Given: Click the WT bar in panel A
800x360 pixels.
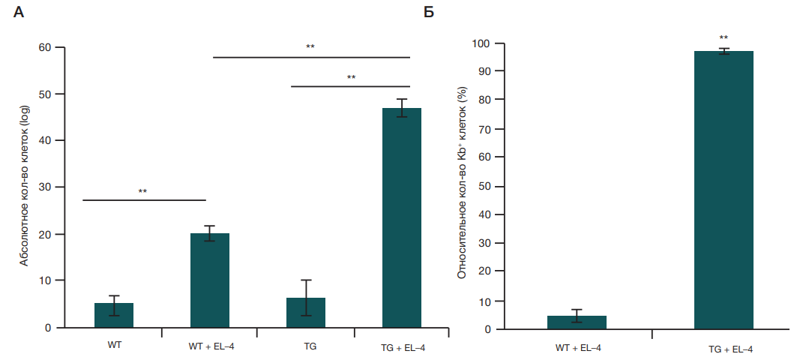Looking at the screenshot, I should (x=114, y=315).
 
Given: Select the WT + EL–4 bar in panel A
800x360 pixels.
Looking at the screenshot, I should (x=210, y=280).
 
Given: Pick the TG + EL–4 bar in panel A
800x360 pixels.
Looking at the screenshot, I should (x=402, y=217).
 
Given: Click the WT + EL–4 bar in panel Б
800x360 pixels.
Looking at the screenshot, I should (x=577, y=322).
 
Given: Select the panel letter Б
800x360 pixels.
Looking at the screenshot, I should (x=430, y=13).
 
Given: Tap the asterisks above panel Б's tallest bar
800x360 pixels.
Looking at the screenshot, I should (x=724, y=37).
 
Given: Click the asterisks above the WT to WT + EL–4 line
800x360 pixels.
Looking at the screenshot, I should (x=142, y=191).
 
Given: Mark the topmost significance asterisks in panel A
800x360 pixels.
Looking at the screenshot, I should (x=310, y=47).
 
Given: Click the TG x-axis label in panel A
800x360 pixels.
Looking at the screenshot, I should (x=306, y=346).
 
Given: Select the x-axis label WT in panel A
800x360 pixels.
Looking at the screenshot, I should (x=115, y=346).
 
